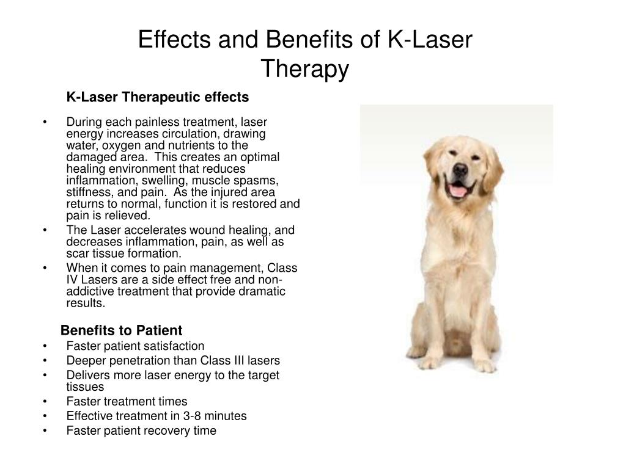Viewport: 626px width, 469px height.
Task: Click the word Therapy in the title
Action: [x=305, y=69]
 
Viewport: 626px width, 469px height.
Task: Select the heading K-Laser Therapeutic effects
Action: [x=158, y=97]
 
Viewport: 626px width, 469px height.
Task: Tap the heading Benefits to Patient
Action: [x=121, y=330]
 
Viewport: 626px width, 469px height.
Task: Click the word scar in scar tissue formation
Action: [x=76, y=253]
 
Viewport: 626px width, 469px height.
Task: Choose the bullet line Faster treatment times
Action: [x=127, y=401]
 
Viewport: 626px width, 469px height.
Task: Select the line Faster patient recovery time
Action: [x=141, y=431]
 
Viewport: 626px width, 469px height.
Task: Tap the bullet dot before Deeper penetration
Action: [x=46, y=360]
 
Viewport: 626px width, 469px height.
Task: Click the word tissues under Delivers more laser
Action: [x=85, y=387]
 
